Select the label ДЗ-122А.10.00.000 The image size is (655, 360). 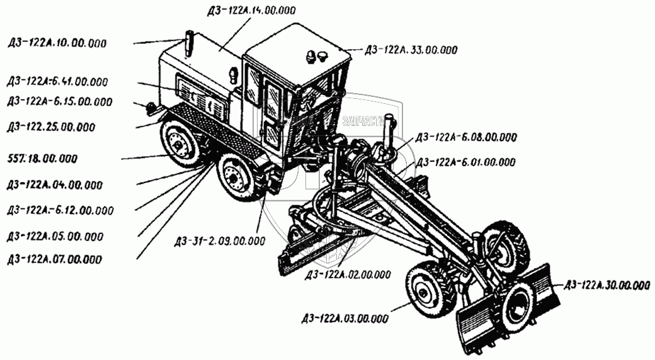57,43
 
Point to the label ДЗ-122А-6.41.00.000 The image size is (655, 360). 58,82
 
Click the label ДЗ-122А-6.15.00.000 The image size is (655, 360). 59,102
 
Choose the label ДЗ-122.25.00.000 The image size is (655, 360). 52,127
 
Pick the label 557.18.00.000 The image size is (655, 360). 42,158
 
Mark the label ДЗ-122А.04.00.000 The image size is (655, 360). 55,185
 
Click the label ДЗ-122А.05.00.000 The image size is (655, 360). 55,237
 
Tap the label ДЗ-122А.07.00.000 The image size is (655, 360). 55,259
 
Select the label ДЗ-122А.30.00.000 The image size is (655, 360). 607,285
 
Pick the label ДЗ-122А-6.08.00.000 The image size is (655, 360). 465,137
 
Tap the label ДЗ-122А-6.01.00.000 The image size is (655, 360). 465,162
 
